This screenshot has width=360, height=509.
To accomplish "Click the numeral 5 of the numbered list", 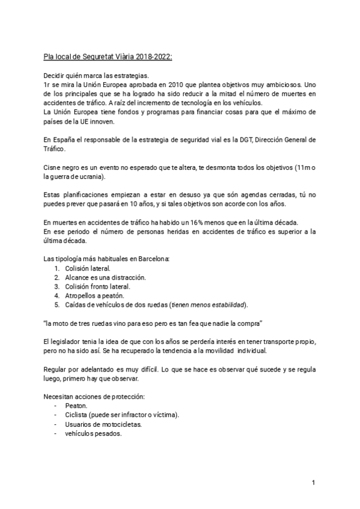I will pos(56,304).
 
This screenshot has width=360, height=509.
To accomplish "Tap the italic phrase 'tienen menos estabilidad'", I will pos(208,304).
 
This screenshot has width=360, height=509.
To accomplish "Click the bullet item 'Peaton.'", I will pos(76,406).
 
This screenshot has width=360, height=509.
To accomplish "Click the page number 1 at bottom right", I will pos(313,483).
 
